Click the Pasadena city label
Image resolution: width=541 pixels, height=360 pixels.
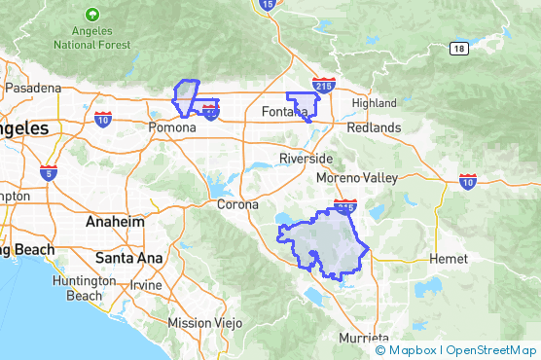pyautogui.click(x=32, y=88)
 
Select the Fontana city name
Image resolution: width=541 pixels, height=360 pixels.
pyautogui.click(x=284, y=113)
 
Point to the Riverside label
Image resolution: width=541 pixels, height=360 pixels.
pyautogui.click(x=306, y=159)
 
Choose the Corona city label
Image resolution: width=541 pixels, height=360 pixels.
pyautogui.click(x=237, y=204)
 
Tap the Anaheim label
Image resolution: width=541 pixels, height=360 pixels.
pyautogui.click(x=115, y=222)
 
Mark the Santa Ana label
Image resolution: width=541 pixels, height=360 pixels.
pyautogui.click(x=121, y=258)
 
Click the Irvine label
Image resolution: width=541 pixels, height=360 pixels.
pyautogui.click(x=146, y=285)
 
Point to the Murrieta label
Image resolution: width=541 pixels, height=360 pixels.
pyautogui.click(x=362, y=338)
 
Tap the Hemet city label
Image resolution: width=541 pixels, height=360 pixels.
pyautogui.click(x=450, y=259)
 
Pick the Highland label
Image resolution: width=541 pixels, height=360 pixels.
pyautogui.click(x=375, y=103)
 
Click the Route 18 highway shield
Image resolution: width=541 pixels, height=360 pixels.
pyautogui.click(x=457, y=48)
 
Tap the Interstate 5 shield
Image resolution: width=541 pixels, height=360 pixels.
pyautogui.click(x=49, y=172)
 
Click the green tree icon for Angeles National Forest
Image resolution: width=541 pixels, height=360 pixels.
pyautogui.click(x=91, y=16)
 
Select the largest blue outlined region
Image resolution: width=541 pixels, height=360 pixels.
pyautogui.click(x=326, y=243)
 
